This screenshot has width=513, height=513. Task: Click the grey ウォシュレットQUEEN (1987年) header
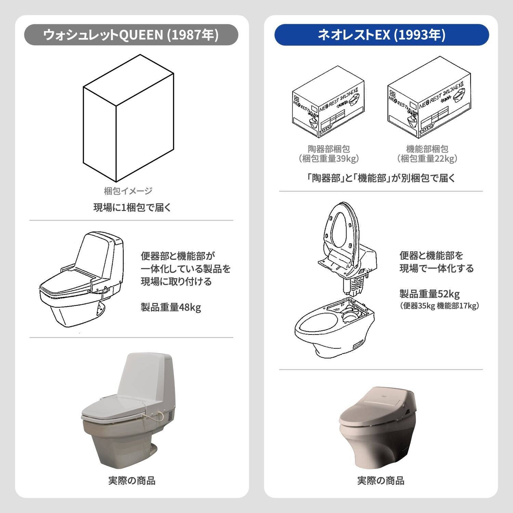coord(131,35)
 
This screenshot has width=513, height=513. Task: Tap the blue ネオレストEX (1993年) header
coord(381,35)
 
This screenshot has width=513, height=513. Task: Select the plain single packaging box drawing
coord(128,118)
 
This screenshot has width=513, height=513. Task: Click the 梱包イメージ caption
coord(128,191)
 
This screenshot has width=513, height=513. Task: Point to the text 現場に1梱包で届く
coord(132,208)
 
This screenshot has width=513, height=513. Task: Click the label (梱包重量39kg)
coord(329,159)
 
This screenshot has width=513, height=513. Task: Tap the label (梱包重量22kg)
coord(427,159)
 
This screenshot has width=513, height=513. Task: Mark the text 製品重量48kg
coord(171,307)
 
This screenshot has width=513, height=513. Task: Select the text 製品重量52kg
coord(429,294)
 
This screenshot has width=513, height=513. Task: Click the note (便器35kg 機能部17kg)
coord(439,306)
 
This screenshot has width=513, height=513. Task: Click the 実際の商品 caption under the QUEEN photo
coord(132,481)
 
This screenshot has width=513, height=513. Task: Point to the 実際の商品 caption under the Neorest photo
coord(381,481)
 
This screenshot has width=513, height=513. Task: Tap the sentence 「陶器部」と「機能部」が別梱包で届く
coord(381,178)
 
